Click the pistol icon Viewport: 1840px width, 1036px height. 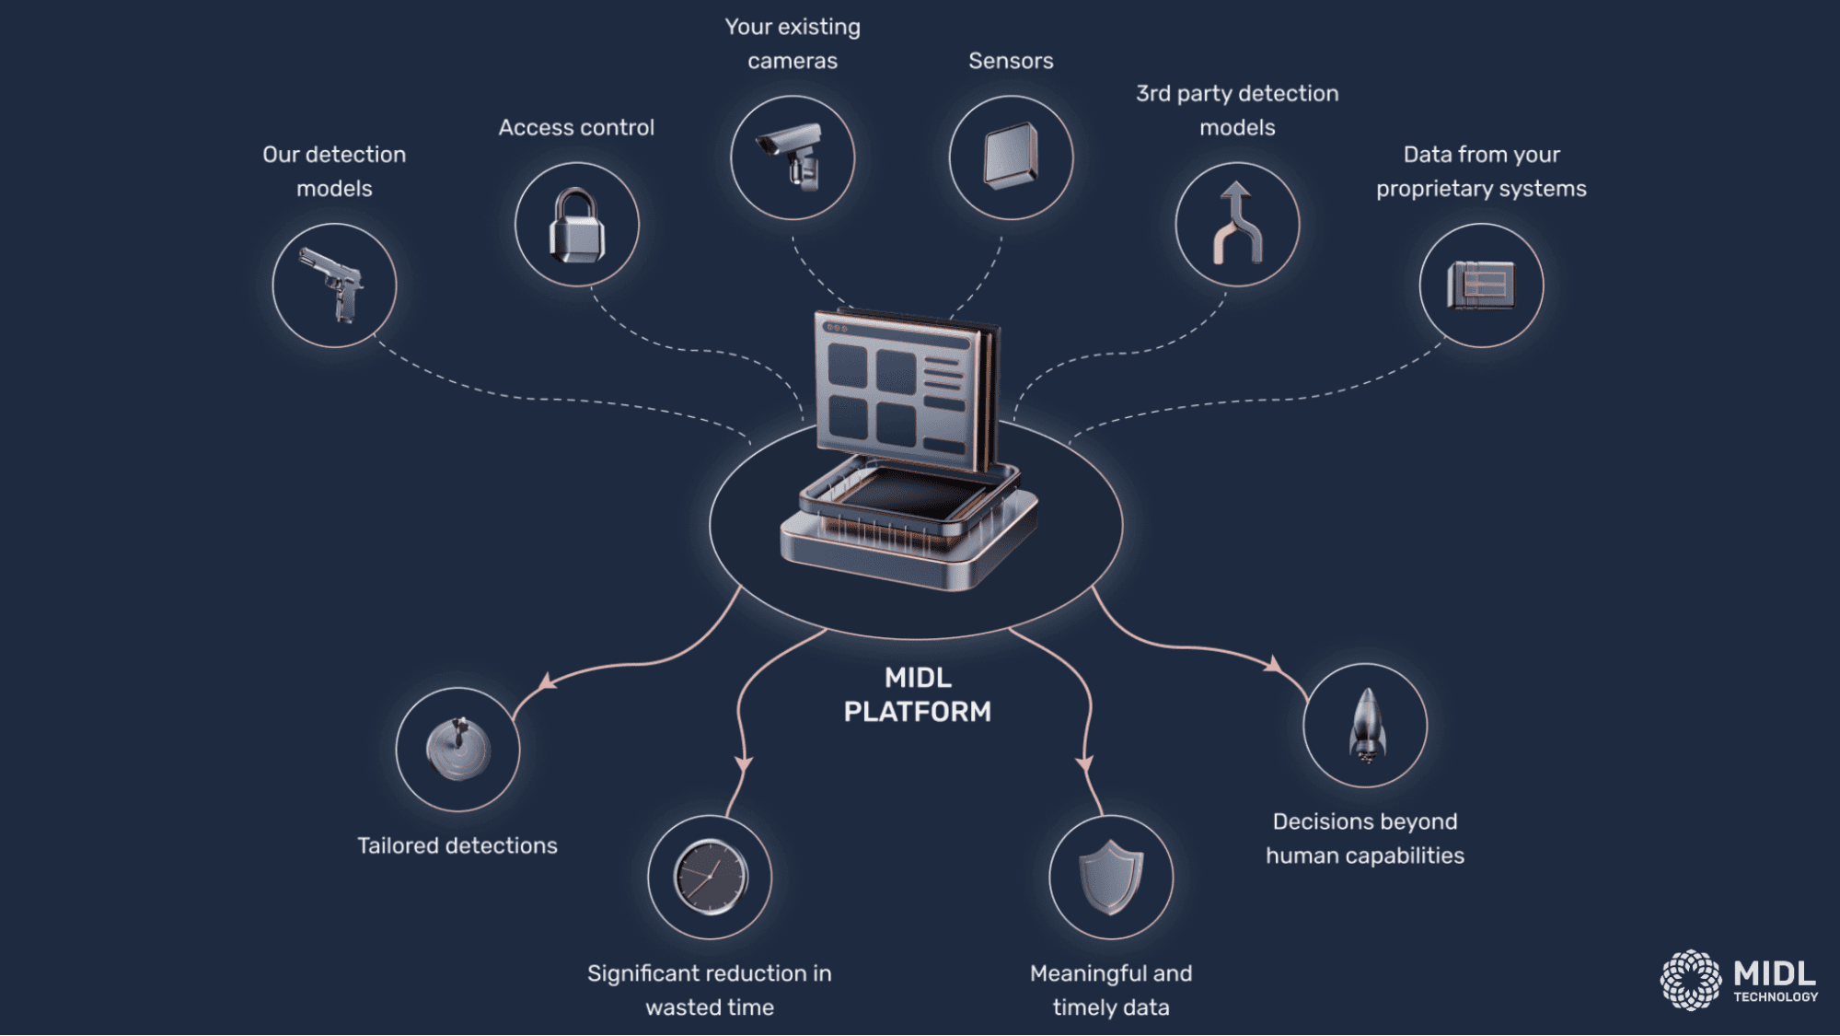click(333, 285)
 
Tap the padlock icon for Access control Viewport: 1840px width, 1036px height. click(576, 225)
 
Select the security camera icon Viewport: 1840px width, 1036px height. click(792, 157)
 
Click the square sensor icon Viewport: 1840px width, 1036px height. click(1011, 157)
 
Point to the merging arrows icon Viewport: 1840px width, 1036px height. click(1236, 225)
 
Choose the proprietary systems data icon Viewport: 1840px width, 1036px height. click(1480, 285)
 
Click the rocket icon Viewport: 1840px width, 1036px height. click(1366, 726)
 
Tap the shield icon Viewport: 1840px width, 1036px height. click(1111, 877)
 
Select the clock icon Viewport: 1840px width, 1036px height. click(710, 877)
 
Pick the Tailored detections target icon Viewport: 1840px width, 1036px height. click(457, 749)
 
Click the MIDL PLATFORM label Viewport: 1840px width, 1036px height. click(917, 695)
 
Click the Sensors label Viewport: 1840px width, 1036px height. click(1011, 61)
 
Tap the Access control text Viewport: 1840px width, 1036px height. click(576, 128)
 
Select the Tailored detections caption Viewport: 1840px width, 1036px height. click(457, 845)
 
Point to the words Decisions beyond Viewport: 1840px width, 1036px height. click(1365, 821)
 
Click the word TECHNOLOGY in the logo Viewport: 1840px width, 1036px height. click(1776, 996)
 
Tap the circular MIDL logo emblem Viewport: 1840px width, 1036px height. click(1690, 980)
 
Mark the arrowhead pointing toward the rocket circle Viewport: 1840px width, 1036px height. click(1273, 664)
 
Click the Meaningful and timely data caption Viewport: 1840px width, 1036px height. click(1111, 990)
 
